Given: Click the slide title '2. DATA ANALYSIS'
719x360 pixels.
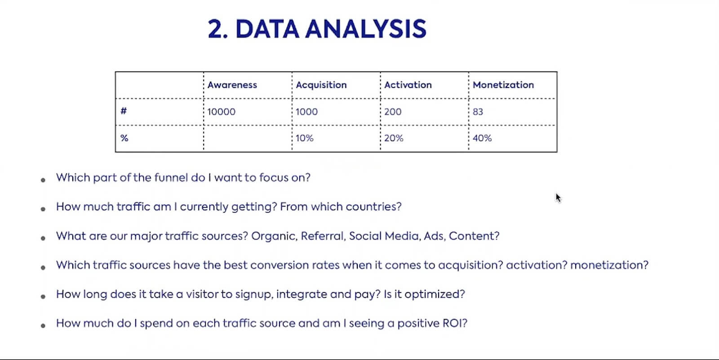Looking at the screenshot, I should click(x=317, y=29).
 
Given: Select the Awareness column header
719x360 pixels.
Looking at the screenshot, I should click(x=232, y=85).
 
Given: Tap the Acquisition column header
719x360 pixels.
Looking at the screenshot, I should click(x=321, y=85).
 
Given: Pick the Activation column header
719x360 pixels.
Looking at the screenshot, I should click(x=408, y=85).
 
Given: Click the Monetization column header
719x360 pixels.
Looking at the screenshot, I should click(x=503, y=85).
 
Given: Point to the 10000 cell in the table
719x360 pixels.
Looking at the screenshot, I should click(x=221, y=112).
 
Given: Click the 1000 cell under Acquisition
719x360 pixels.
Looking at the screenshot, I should click(x=306, y=112).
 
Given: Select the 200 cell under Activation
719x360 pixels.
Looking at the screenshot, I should click(x=393, y=112).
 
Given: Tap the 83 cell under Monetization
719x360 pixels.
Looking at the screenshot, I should click(x=478, y=112).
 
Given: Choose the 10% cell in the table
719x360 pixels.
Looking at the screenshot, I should click(x=304, y=138).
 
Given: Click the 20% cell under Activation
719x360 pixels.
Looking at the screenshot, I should click(x=394, y=138).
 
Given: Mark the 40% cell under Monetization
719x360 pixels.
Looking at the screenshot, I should click(x=482, y=138).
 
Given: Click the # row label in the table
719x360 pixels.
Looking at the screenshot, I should click(x=124, y=111).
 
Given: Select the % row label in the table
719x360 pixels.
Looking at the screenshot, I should click(x=124, y=138).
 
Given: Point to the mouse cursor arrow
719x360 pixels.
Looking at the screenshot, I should click(x=558, y=198).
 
